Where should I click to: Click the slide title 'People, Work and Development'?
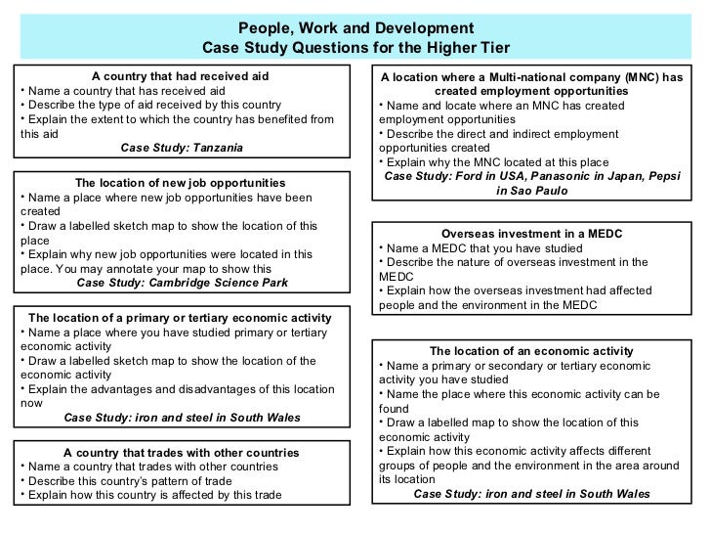click(355, 27)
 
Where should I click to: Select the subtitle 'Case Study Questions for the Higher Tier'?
click(355, 48)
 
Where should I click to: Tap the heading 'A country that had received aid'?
click(181, 76)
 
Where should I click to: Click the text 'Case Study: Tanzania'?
click(182, 148)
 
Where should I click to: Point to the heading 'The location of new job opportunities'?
click(181, 183)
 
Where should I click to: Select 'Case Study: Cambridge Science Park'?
click(182, 283)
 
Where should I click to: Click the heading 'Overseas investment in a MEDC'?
click(532, 234)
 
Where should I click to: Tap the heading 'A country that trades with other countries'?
click(181, 453)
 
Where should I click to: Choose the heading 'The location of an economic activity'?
click(532, 351)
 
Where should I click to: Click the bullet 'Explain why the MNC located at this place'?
click(495, 162)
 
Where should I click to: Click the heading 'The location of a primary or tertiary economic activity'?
click(181, 318)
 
